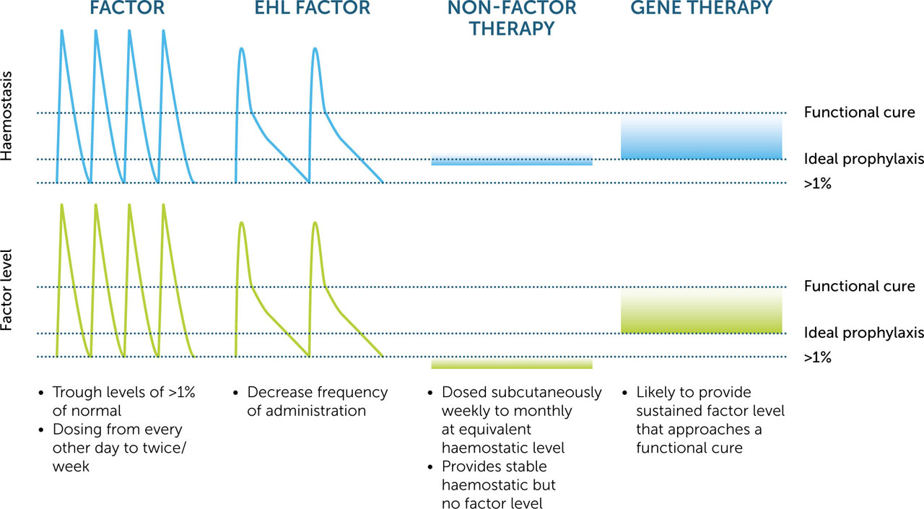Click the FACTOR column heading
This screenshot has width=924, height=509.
(126, 9)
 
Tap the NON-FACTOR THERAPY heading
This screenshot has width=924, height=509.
(511, 18)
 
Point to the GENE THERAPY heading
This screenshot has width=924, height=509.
(702, 9)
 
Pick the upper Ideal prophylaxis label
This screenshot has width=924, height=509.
(863, 160)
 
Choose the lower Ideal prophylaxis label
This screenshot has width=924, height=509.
(863, 333)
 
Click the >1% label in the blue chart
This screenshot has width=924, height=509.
(817, 183)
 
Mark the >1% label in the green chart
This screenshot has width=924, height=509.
(817, 357)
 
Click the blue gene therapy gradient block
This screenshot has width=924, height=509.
(701, 139)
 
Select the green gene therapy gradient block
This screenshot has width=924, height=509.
(701, 313)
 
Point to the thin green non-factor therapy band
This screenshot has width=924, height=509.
(511, 364)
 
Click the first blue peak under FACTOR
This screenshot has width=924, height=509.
(62, 32)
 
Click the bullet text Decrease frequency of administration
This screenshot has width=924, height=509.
(317, 401)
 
